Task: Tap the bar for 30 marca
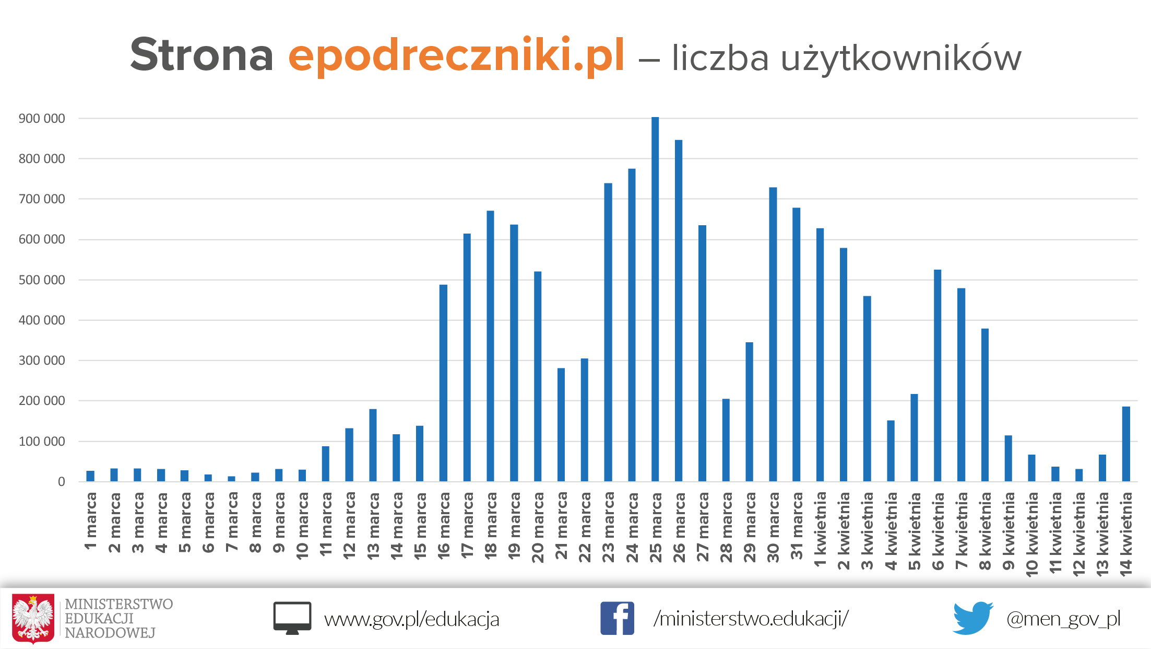click(x=773, y=334)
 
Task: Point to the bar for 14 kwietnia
click(x=1126, y=444)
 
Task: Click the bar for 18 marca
click(x=490, y=345)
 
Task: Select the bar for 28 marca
click(x=726, y=439)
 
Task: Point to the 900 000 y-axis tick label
click(x=42, y=119)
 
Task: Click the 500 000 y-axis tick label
click(x=42, y=280)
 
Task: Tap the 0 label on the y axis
click(x=61, y=482)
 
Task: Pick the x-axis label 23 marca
click(x=608, y=527)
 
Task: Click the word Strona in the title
click(x=201, y=55)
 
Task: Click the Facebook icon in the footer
click(x=617, y=618)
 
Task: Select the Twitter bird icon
click(x=972, y=618)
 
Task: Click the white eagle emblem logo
click(x=33, y=618)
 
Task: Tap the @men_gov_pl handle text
click(x=1063, y=619)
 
